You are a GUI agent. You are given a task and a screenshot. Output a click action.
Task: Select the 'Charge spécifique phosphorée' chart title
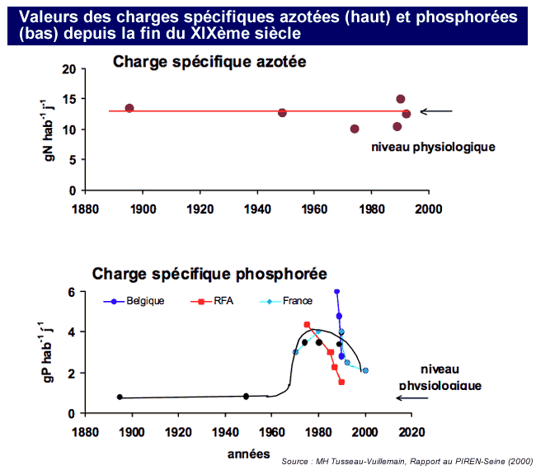click(209, 273)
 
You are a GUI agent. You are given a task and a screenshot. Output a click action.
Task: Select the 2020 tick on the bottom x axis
click(411, 430)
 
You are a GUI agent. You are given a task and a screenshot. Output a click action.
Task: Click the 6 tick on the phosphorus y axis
click(72, 293)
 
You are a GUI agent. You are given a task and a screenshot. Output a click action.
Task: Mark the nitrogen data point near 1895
click(129, 109)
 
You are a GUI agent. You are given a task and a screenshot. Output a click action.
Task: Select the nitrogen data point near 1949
click(282, 112)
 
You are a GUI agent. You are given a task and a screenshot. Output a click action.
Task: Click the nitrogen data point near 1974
click(355, 129)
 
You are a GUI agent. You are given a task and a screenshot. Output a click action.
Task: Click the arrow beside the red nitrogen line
click(436, 111)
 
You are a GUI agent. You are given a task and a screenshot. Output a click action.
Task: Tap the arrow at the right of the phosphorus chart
click(413, 397)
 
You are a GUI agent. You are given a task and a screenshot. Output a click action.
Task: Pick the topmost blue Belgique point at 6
click(336, 292)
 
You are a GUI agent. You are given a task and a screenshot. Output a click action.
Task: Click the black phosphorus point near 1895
click(120, 397)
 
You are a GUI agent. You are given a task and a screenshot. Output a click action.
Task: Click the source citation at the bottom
click(407, 461)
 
